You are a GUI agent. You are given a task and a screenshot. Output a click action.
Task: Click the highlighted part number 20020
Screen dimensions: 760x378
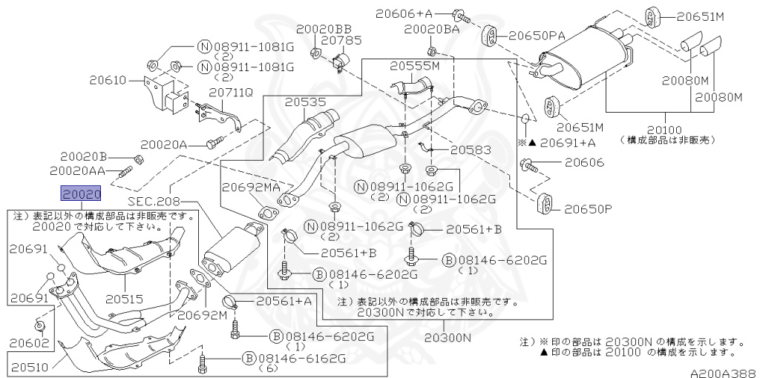(80, 194)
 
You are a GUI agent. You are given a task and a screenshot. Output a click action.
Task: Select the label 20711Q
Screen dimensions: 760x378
(230, 93)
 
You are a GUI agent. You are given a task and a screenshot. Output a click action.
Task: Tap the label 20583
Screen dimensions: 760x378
(471, 150)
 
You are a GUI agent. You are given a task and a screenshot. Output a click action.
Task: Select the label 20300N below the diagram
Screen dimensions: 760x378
(448, 338)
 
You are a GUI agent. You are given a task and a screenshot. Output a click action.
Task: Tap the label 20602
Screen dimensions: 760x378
(30, 343)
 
